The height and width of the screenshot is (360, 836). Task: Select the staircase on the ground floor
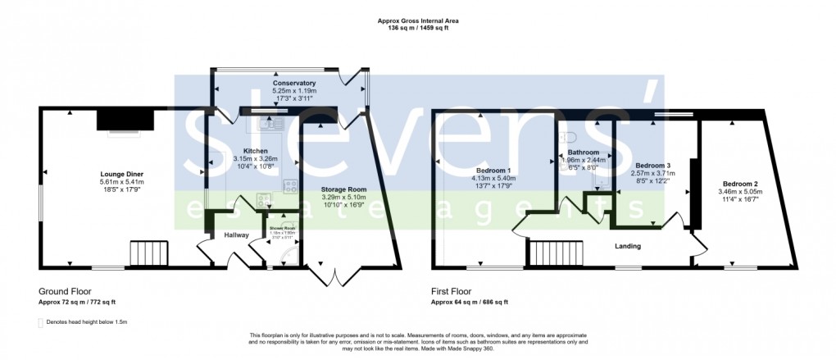click(x=148, y=253)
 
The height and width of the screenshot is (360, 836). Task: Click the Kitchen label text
click(x=256, y=151)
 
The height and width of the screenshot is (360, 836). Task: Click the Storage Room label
click(x=343, y=189)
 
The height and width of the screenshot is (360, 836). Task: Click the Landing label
click(x=628, y=246)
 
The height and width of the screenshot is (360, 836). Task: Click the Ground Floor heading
click(x=65, y=291)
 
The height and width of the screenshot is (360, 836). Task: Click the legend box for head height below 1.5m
click(x=41, y=322)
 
